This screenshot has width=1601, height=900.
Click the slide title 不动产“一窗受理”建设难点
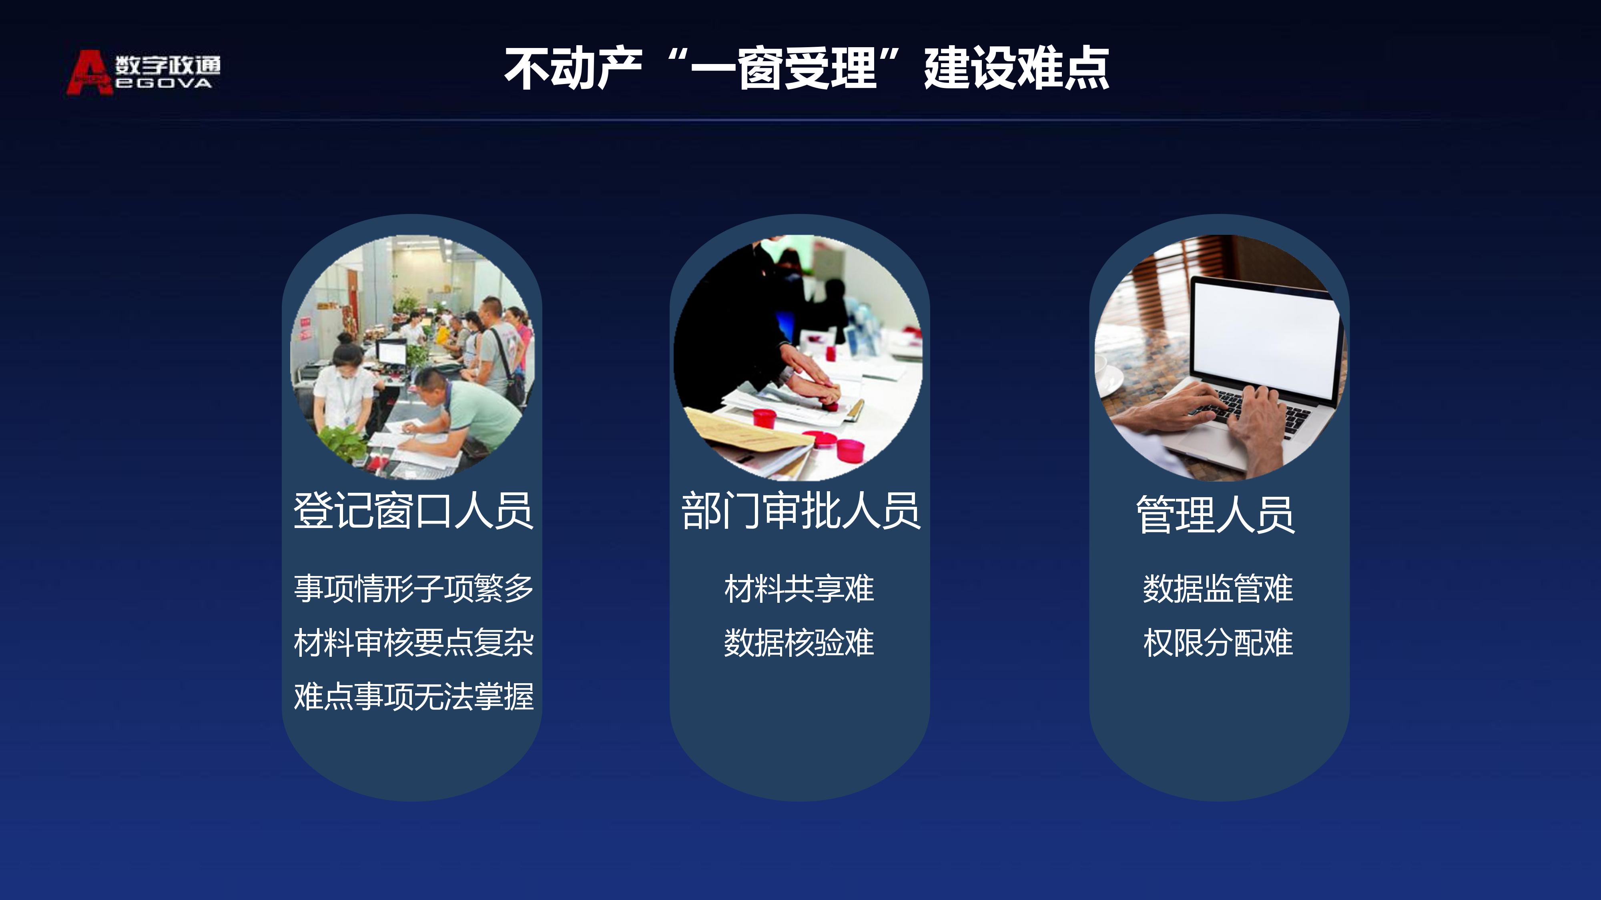tap(806, 68)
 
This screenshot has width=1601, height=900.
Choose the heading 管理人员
tap(1216, 514)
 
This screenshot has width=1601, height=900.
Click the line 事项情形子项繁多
tap(413, 588)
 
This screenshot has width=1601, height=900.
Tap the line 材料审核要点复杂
tap(413, 642)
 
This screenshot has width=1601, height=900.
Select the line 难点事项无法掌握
tap(413, 696)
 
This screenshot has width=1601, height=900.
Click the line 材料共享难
tap(799, 588)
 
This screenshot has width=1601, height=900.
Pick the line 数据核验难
tap(799, 642)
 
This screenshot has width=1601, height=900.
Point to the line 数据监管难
tap(1218, 588)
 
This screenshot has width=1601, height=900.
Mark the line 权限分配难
tap(1218, 642)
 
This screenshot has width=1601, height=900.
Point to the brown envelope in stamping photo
tap(746, 435)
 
